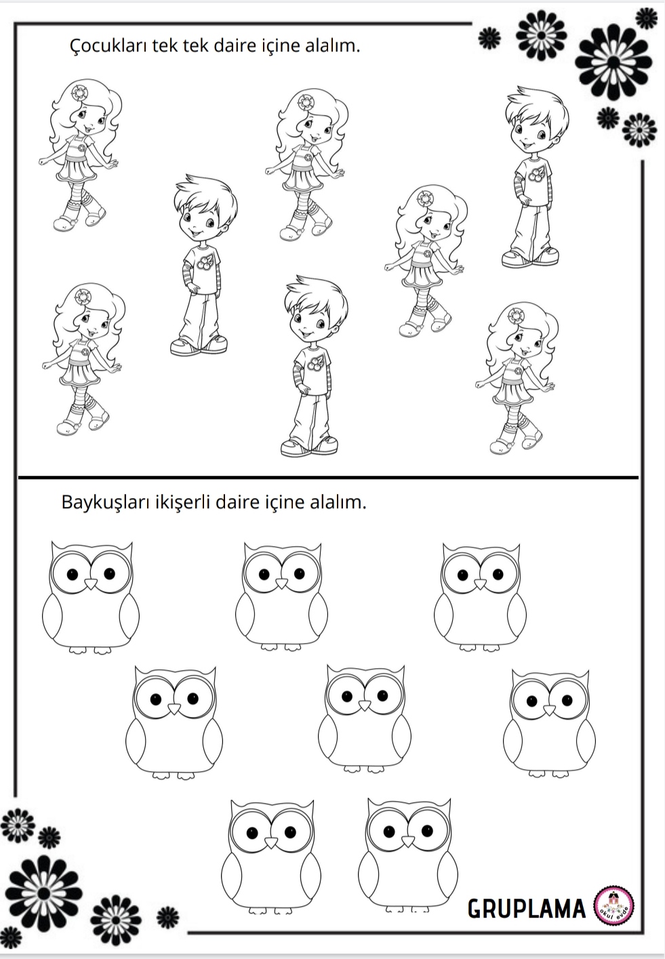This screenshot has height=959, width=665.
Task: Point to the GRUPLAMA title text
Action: point(526,909)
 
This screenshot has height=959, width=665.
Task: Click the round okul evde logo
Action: point(613,907)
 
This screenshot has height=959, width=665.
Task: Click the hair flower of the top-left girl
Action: point(79,91)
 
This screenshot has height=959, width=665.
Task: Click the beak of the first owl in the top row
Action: point(90,584)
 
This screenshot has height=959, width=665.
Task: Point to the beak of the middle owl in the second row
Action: point(365,706)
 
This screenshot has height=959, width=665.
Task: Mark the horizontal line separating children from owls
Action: point(328,477)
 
